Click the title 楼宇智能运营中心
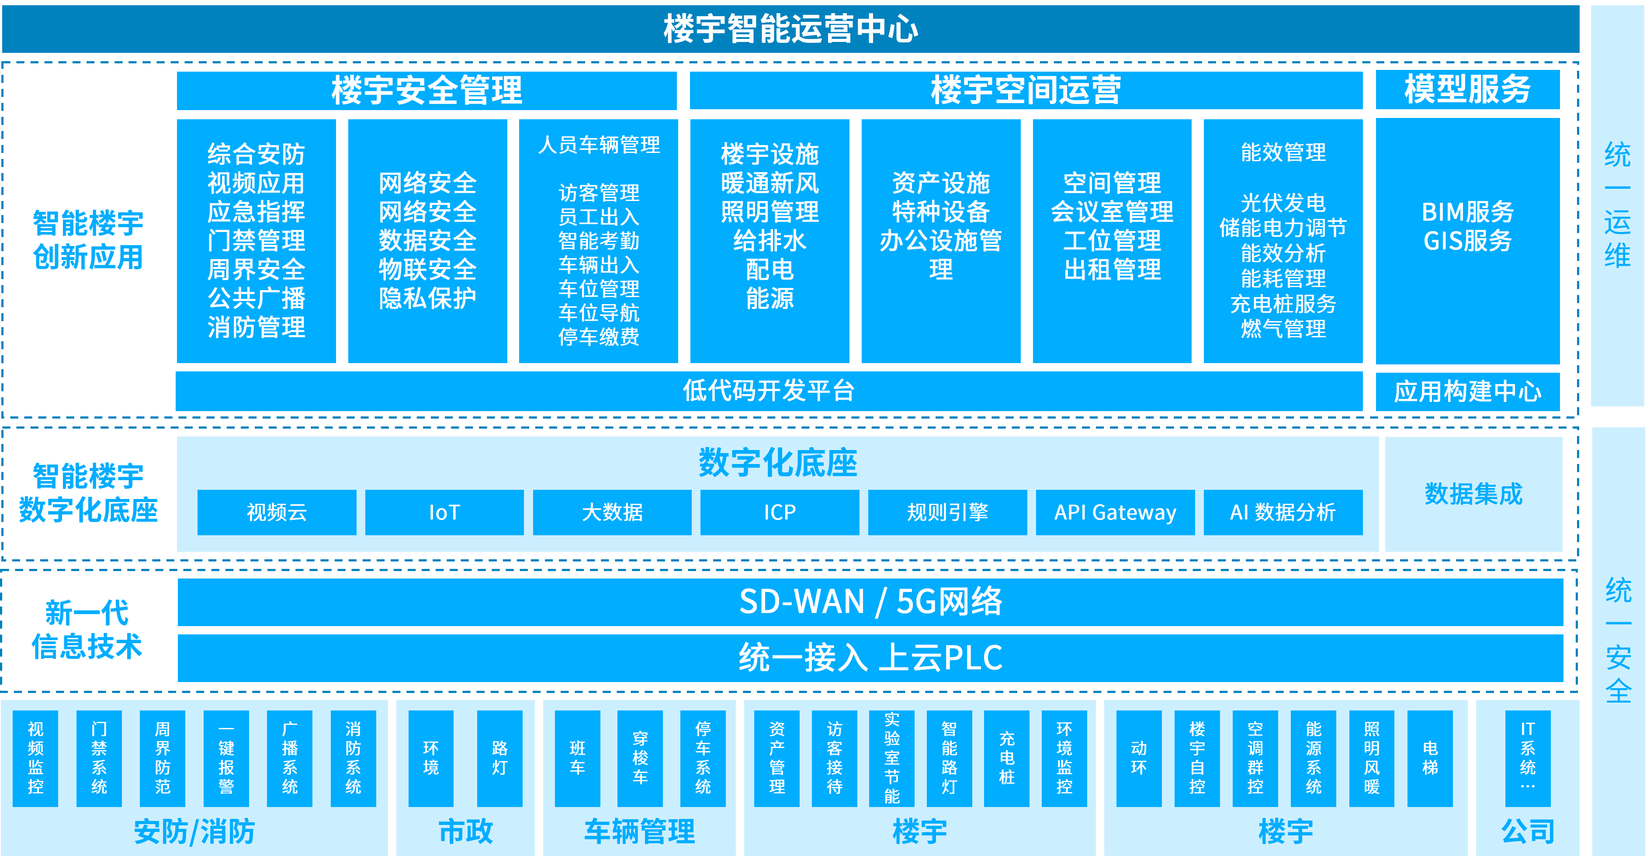(x=790, y=29)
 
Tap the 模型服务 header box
(x=1467, y=90)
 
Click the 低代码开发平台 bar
(x=769, y=391)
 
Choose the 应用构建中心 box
(x=1467, y=391)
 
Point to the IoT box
(x=444, y=513)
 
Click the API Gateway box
(x=1115, y=513)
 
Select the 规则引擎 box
(x=947, y=513)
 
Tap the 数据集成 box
(x=1473, y=494)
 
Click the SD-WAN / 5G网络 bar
(x=870, y=602)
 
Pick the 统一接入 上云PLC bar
(x=870, y=658)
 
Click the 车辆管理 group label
(x=639, y=831)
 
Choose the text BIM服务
(x=1467, y=212)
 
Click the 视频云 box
(x=277, y=513)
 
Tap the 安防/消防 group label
(x=194, y=831)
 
